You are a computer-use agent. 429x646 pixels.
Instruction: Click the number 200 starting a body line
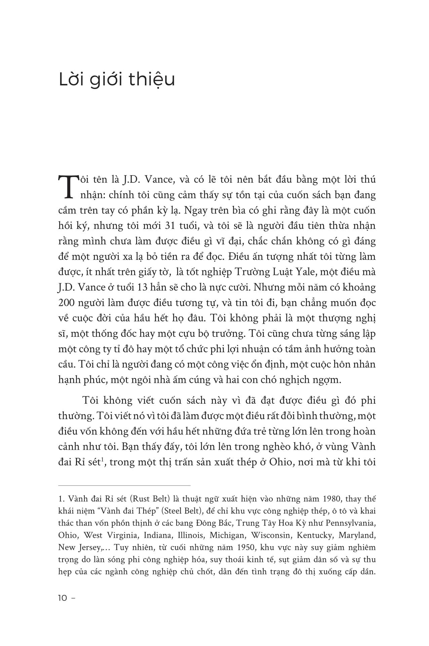coord(67,303)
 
